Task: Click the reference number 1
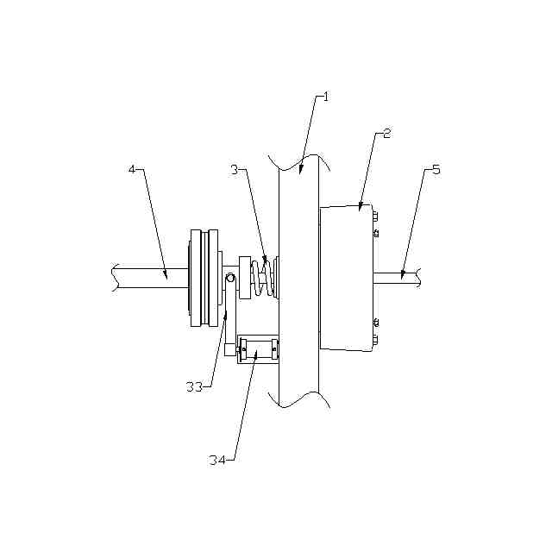pyautogui.click(x=326, y=97)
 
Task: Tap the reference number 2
pyautogui.click(x=386, y=134)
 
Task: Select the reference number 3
pyautogui.click(x=235, y=170)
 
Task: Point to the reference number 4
pyautogui.click(x=132, y=169)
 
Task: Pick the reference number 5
pyautogui.click(x=436, y=170)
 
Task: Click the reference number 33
pyautogui.click(x=194, y=387)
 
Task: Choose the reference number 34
pyautogui.click(x=217, y=460)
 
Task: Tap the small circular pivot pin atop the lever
pyautogui.click(x=230, y=278)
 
